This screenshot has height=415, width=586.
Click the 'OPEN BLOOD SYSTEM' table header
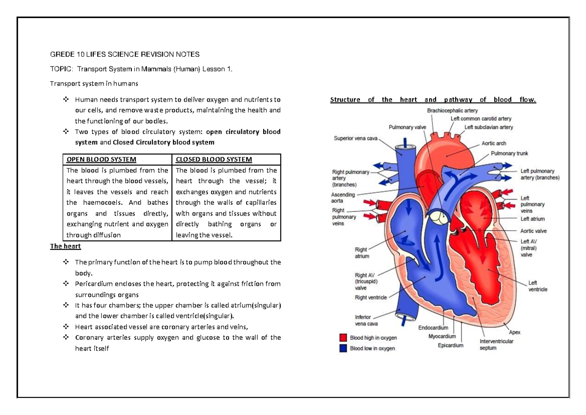(102, 159)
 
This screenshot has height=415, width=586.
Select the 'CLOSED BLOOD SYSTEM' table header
(214, 159)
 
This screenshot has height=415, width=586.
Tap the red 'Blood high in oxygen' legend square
(343, 338)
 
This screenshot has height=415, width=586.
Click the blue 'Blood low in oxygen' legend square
(343, 348)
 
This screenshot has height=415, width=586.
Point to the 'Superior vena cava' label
(356, 138)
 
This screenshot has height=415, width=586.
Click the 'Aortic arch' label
(494, 144)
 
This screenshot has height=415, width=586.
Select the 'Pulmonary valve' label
(408, 127)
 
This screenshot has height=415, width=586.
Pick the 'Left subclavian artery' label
(489, 127)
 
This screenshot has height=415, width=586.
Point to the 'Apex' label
(515, 332)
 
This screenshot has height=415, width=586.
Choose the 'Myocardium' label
(442, 336)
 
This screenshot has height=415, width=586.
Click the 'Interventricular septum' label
(497, 345)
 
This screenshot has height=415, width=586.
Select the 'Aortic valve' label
(534, 231)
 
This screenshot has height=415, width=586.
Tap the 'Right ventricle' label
(371, 297)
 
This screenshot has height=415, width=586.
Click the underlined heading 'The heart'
(65, 246)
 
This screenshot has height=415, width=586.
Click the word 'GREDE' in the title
(62, 54)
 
